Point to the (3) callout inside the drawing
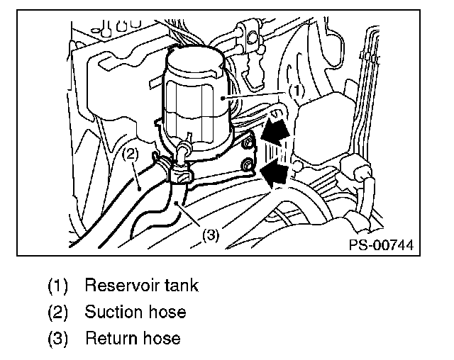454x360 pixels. click(211, 235)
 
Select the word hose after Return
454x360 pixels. click(161, 337)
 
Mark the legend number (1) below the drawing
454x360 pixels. click(57, 286)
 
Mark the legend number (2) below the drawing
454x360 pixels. click(57, 313)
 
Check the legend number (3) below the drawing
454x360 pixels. click(57, 338)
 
